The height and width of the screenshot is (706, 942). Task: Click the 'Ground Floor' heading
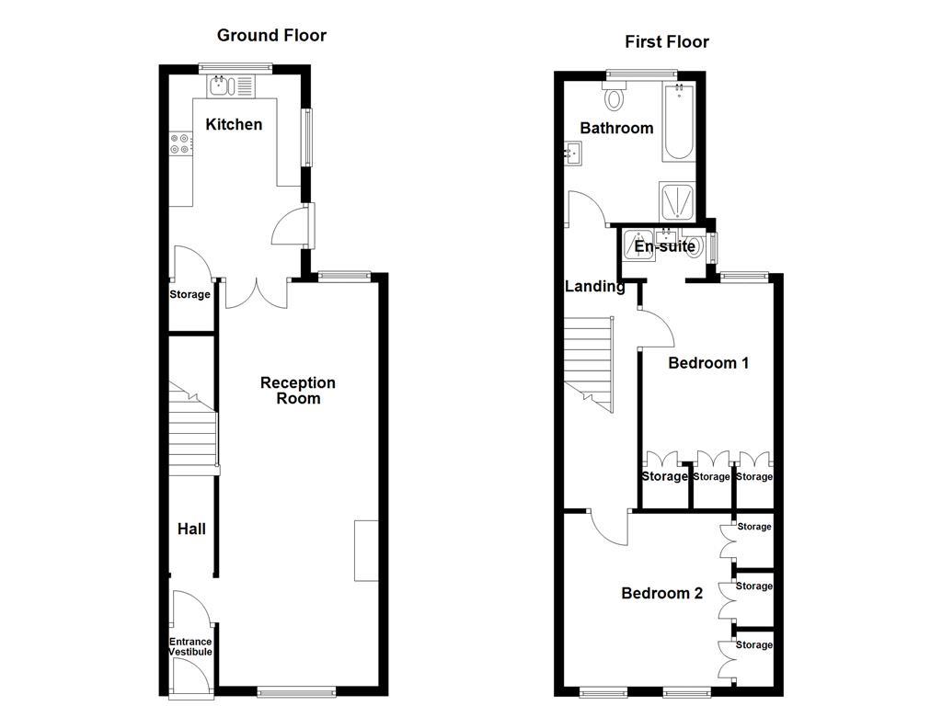tap(271, 36)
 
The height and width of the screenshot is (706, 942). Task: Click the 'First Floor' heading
tap(667, 41)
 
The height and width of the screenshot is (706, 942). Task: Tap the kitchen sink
tap(231, 87)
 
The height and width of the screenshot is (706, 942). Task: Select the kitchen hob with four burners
tap(181, 144)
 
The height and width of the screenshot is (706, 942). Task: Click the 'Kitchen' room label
tap(234, 125)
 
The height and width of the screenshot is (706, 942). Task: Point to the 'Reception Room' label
tap(298, 391)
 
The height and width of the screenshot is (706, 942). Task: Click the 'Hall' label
tap(191, 529)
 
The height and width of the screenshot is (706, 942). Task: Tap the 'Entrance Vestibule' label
tap(190, 646)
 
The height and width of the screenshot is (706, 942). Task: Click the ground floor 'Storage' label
tap(190, 295)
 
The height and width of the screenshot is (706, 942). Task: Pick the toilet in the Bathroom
tap(615, 97)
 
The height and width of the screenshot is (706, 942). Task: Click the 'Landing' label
tap(594, 287)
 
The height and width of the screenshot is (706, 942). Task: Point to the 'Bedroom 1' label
tap(708, 363)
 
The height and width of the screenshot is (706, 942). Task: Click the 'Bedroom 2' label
tap(661, 594)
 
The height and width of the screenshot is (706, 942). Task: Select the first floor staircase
tap(589, 363)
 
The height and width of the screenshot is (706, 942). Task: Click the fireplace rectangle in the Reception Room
tap(366, 550)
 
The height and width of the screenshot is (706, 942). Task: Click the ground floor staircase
tap(192, 432)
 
